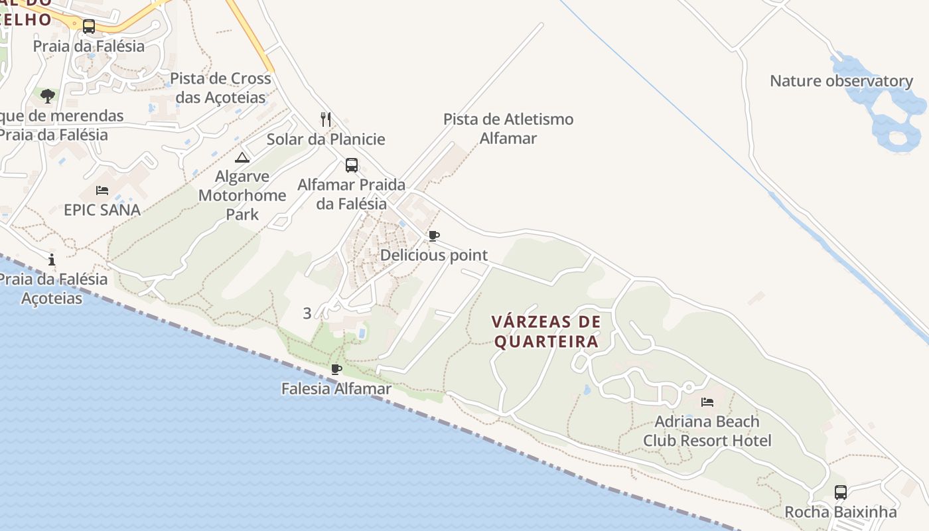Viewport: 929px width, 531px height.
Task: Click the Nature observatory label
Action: [841, 81]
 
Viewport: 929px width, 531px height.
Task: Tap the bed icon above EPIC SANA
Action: [102, 190]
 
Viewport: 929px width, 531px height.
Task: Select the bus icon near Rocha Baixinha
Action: [840, 493]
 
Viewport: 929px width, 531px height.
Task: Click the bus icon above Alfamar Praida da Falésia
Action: [352, 165]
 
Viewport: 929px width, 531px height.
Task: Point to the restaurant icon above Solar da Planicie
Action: [325, 119]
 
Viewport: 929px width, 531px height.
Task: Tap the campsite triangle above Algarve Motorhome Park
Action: [242, 157]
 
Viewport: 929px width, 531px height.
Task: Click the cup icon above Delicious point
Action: [434, 236]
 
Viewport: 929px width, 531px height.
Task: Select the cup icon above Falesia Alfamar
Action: [336, 369]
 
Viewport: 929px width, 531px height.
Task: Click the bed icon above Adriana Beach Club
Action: [707, 402]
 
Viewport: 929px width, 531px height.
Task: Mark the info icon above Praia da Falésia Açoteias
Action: [52, 260]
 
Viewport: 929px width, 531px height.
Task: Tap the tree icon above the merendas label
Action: [48, 96]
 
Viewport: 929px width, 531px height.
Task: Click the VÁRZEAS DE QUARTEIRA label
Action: [546, 331]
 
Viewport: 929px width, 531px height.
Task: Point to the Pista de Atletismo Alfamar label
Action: [508, 129]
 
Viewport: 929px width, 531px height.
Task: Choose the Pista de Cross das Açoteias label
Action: [220, 88]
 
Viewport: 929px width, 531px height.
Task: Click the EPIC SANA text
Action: [102, 210]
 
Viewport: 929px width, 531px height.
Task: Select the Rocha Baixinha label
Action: [840, 512]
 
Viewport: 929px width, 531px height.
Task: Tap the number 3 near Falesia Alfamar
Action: [307, 313]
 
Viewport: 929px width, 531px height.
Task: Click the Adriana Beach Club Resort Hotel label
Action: [707, 431]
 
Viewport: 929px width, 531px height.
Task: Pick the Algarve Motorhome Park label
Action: [242, 195]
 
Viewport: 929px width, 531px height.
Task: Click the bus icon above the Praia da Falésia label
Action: [88, 27]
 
